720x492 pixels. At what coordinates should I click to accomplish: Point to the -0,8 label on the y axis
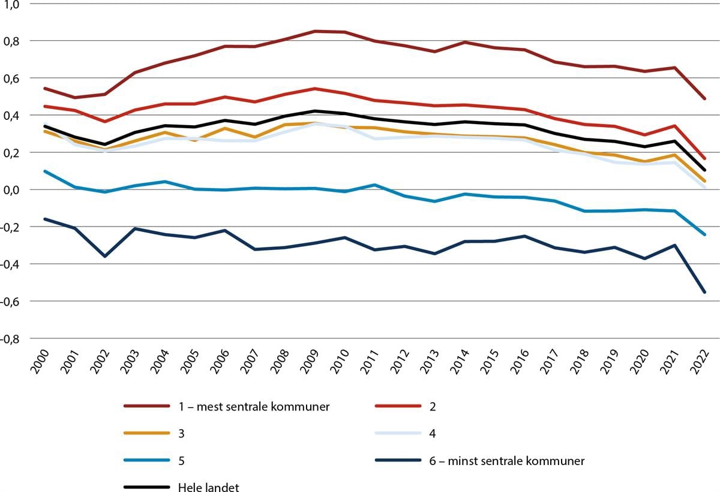11,339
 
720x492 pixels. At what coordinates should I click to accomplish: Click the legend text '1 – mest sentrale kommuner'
254,407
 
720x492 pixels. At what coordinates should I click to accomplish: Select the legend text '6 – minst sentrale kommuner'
503,461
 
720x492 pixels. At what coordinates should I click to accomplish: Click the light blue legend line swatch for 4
397,434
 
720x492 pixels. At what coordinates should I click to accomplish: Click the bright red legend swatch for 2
397,407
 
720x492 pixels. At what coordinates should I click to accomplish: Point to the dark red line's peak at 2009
315,31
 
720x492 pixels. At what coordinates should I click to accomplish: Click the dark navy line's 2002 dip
105,256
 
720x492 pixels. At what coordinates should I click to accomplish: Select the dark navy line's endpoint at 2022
704,292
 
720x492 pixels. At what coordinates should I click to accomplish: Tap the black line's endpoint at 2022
704,170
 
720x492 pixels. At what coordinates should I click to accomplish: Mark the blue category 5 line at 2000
45,171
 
